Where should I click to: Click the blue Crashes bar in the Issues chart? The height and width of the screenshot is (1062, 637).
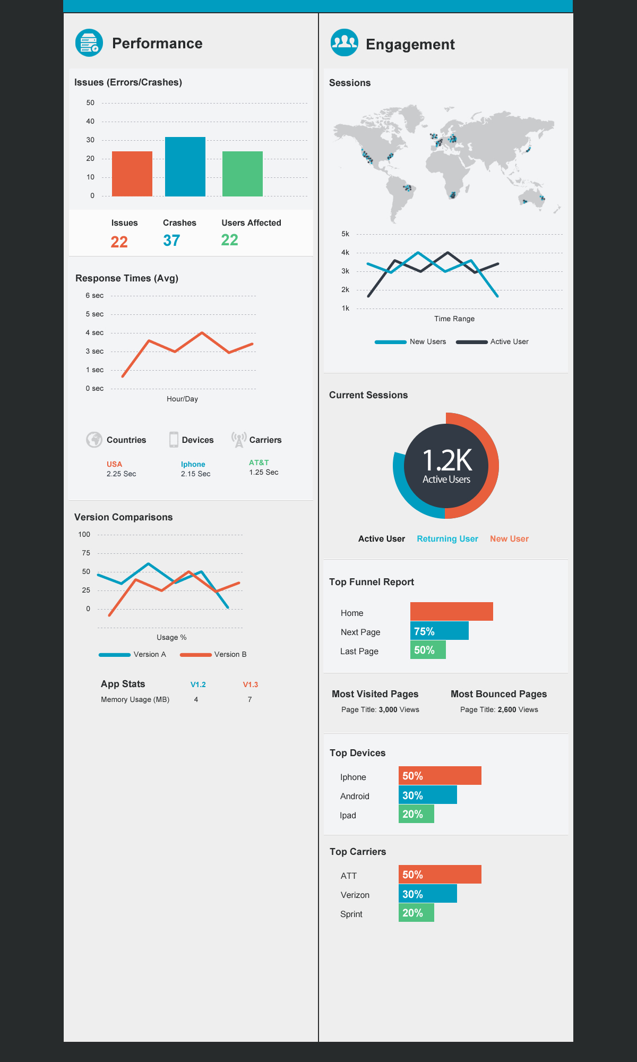[185, 167]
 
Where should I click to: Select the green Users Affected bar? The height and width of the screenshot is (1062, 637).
[242, 174]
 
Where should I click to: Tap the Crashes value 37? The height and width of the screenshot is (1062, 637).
[171, 241]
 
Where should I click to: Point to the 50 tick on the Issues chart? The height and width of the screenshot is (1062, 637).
[90, 103]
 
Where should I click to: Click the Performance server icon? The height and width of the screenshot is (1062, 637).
[89, 42]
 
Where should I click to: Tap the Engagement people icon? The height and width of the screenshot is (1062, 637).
[344, 42]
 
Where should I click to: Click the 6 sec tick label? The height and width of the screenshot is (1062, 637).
[94, 296]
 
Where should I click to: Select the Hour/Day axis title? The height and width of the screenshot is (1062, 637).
[182, 399]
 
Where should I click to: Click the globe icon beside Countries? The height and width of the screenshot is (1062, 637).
[94, 440]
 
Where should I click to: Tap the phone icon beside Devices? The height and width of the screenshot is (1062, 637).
[174, 440]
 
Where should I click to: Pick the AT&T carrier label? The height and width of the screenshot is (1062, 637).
[259, 463]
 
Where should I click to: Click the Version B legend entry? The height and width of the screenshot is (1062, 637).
[214, 655]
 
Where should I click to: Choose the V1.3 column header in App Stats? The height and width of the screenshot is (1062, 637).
[250, 685]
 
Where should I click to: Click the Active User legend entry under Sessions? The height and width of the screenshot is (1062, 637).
[493, 342]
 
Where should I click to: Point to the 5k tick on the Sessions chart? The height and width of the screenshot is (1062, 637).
[346, 234]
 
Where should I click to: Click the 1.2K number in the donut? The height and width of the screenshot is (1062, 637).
[446, 460]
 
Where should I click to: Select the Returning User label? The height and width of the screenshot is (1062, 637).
[447, 539]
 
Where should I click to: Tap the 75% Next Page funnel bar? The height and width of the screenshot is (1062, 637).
[439, 631]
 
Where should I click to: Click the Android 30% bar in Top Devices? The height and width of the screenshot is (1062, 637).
[427, 795]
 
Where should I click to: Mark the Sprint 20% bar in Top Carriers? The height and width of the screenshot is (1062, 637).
[416, 913]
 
